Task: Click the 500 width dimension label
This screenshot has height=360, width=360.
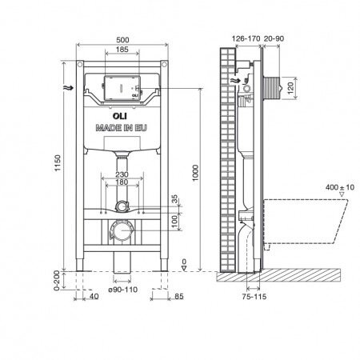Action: tap(122, 40)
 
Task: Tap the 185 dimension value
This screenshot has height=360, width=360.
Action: tap(122, 50)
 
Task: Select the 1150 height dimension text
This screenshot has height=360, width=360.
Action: tap(58, 163)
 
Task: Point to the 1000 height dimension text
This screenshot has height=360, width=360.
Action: tap(195, 173)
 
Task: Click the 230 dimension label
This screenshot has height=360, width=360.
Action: tap(122, 174)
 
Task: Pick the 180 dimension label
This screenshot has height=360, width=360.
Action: tap(122, 182)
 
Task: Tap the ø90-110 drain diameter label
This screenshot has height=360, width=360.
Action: tap(123, 290)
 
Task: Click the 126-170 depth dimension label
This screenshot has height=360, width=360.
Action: tap(246, 38)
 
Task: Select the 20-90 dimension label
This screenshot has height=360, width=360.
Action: tap(274, 38)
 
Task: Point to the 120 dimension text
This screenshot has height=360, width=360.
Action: tap(290, 88)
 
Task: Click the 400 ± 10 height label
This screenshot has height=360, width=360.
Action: tap(340, 187)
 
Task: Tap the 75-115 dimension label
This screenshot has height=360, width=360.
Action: tap(254, 297)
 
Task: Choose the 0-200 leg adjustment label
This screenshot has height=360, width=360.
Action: tap(57, 280)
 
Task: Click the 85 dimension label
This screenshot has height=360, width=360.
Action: tap(179, 297)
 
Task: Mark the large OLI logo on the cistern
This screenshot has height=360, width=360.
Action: tap(120, 116)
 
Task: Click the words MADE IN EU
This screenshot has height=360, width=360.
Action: tap(122, 128)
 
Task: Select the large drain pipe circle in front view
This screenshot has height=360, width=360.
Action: tap(121, 230)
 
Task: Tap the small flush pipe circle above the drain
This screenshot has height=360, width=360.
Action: tap(122, 206)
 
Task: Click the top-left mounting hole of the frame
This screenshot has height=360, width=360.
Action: tap(80, 64)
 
